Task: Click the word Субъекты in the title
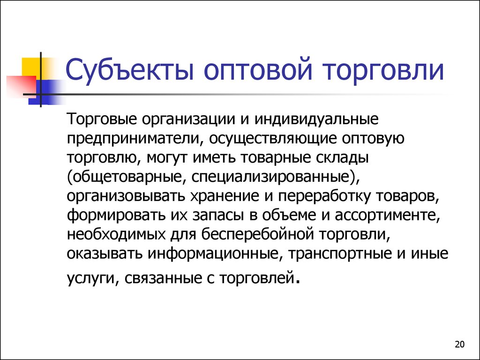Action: tap(130, 69)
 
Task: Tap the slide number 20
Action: tap(459, 345)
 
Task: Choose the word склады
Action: tap(342, 158)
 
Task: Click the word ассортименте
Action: tap(387, 216)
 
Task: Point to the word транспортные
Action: tap(340, 255)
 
